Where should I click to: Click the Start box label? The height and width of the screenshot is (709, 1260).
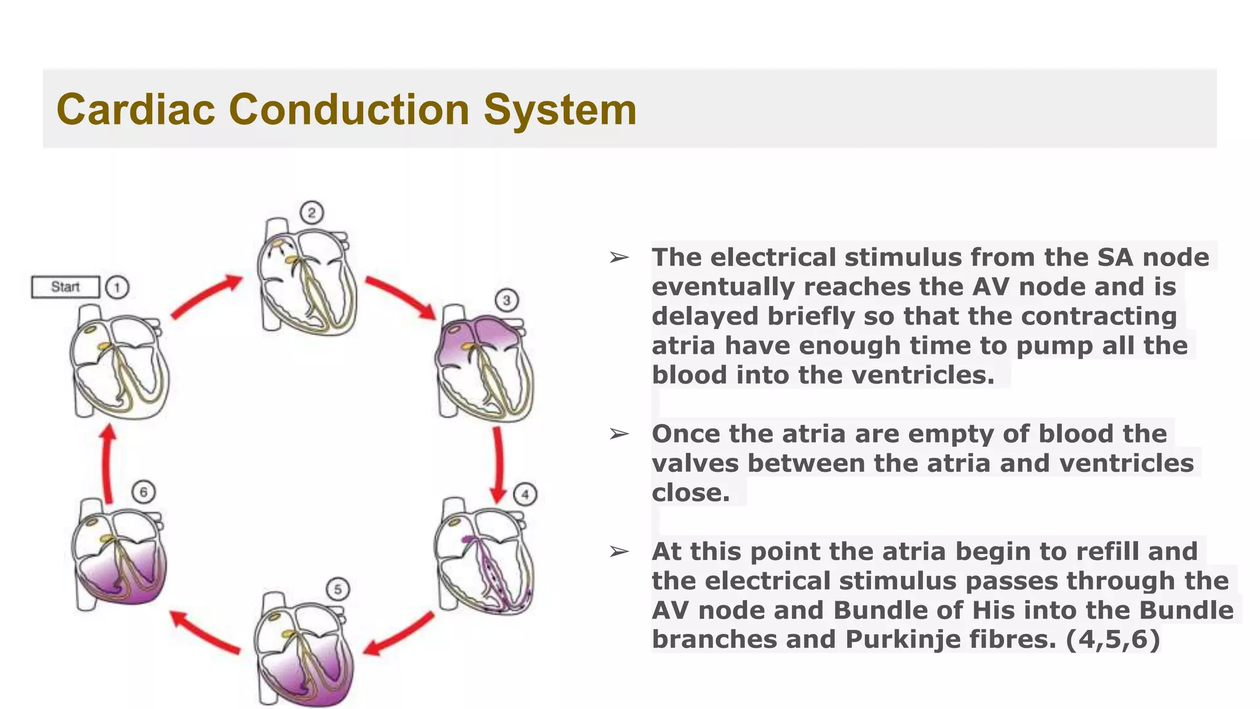[x=65, y=287]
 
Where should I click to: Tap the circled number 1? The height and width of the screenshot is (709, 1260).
[x=117, y=287]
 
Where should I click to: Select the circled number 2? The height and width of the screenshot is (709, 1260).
[x=312, y=213]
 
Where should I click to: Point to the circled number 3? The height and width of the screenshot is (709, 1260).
[x=506, y=300]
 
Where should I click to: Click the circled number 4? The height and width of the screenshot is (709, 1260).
[x=525, y=494]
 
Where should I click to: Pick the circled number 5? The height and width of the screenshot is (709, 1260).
[x=338, y=590]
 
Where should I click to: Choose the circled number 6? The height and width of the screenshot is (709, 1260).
[x=143, y=492]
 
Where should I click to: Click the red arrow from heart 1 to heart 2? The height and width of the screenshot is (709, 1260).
[x=206, y=297]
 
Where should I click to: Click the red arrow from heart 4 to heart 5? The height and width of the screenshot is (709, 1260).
[x=399, y=634]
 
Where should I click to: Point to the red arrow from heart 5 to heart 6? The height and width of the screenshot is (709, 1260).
[x=205, y=631]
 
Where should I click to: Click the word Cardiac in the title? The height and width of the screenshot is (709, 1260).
[x=136, y=110]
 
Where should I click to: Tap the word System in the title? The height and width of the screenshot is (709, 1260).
[x=560, y=110]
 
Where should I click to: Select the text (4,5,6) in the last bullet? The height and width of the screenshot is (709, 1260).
[x=1113, y=639]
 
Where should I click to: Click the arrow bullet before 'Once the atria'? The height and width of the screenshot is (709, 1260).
[x=619, y=435]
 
